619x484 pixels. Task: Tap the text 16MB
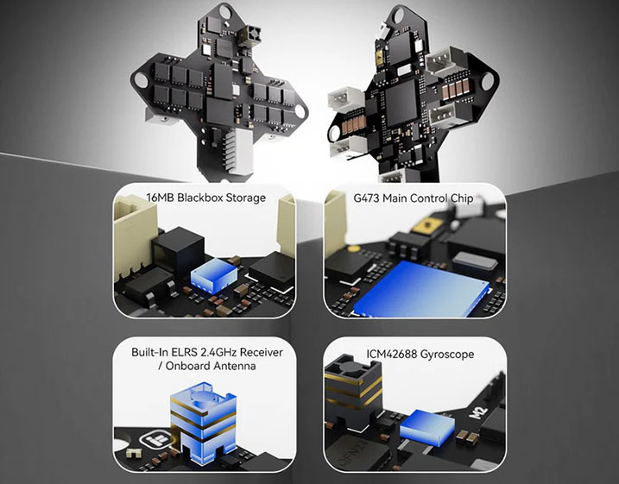click(158, 198)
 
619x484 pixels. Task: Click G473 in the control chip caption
click(370, 198)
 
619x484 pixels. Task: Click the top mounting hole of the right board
click(400, 15)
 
